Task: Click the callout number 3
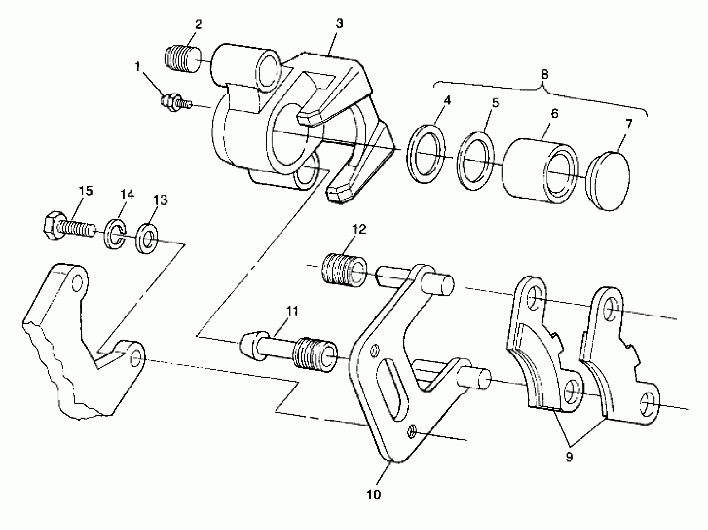(339, 23)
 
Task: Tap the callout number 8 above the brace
(544, 74)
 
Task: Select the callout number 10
(373, 494)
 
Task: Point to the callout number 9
(569, 457)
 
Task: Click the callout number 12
(359, 229)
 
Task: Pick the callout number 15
(86, 191)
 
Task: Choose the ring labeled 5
(475, 161)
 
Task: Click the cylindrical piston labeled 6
(539, 171)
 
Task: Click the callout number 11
(292, 311)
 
